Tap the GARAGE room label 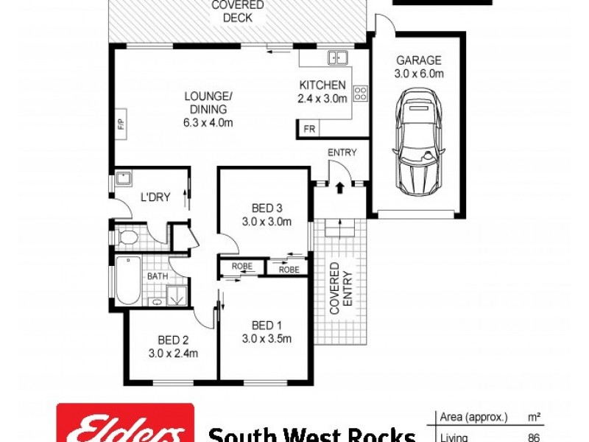click(419, 60)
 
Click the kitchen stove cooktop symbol click(361, 93)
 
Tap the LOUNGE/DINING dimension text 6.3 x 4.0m click(208, 123)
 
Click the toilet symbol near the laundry click(130, 237)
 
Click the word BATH click(157, 276)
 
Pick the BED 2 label click(174, 340)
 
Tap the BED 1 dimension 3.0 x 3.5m click(267, 339)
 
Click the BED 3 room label click(267, 207)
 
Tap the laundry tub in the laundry click(123, 178)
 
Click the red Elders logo click(125, 425)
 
